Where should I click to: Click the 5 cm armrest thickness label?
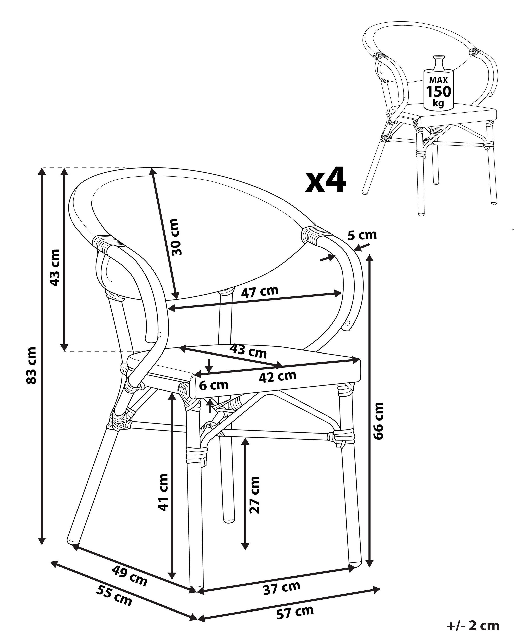coord(362,235)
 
